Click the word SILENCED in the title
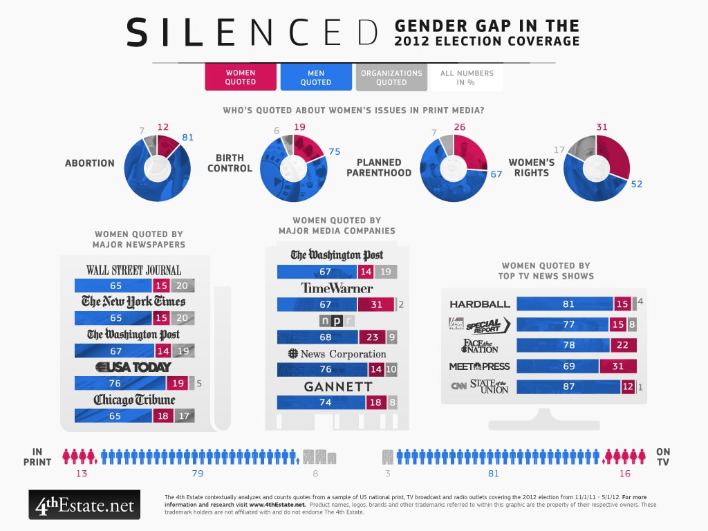click(253, 32)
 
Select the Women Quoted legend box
click(240, 77)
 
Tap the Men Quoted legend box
click(315, 77)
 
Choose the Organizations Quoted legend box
click(391, 77)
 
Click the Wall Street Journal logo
click(133, 270)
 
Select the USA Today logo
click(133, 367)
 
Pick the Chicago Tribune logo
click(134, 400)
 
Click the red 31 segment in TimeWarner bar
click(375, 304)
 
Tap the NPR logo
click(337, 321)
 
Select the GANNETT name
click(338, 386)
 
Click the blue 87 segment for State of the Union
click(568, 387)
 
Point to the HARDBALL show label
click(479, 304)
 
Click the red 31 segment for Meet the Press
click(617, 366)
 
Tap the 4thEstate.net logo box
click(84, 505)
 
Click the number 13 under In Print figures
click(82, 474)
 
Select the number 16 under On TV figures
click(625, 474)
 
